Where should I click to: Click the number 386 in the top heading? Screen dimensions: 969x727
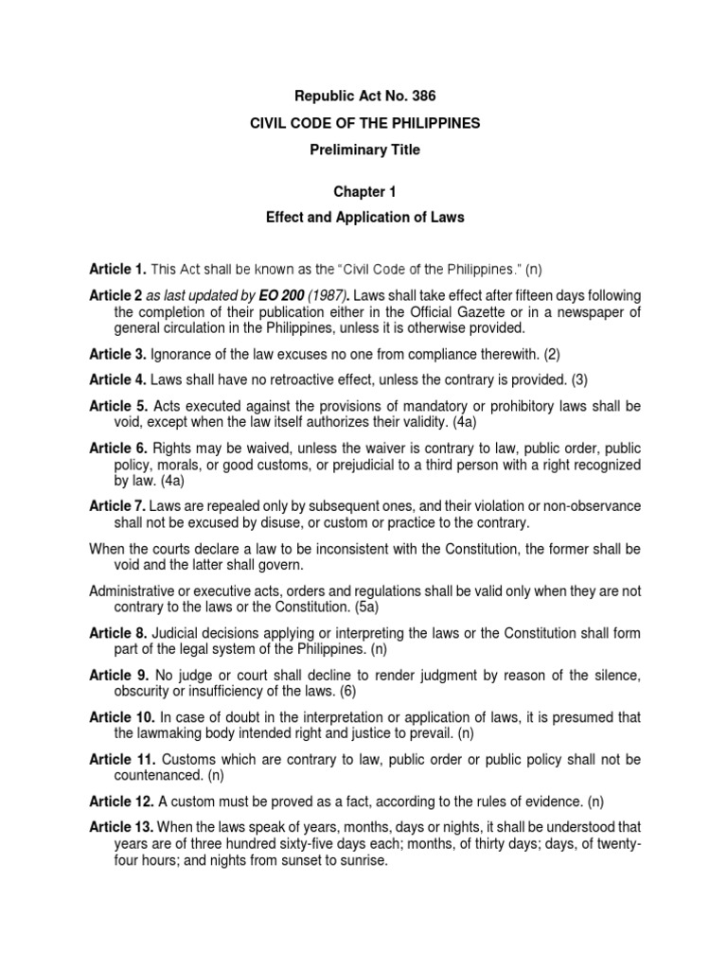[425, 96]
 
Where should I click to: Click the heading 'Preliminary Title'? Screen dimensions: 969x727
[363, 150]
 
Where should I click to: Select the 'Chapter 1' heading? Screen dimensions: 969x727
[363, 191]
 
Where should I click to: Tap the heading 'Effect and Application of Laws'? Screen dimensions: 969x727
[363, 218]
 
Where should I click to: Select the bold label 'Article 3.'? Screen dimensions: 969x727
[117, 354]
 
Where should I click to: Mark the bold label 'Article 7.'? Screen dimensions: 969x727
[117, 506]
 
